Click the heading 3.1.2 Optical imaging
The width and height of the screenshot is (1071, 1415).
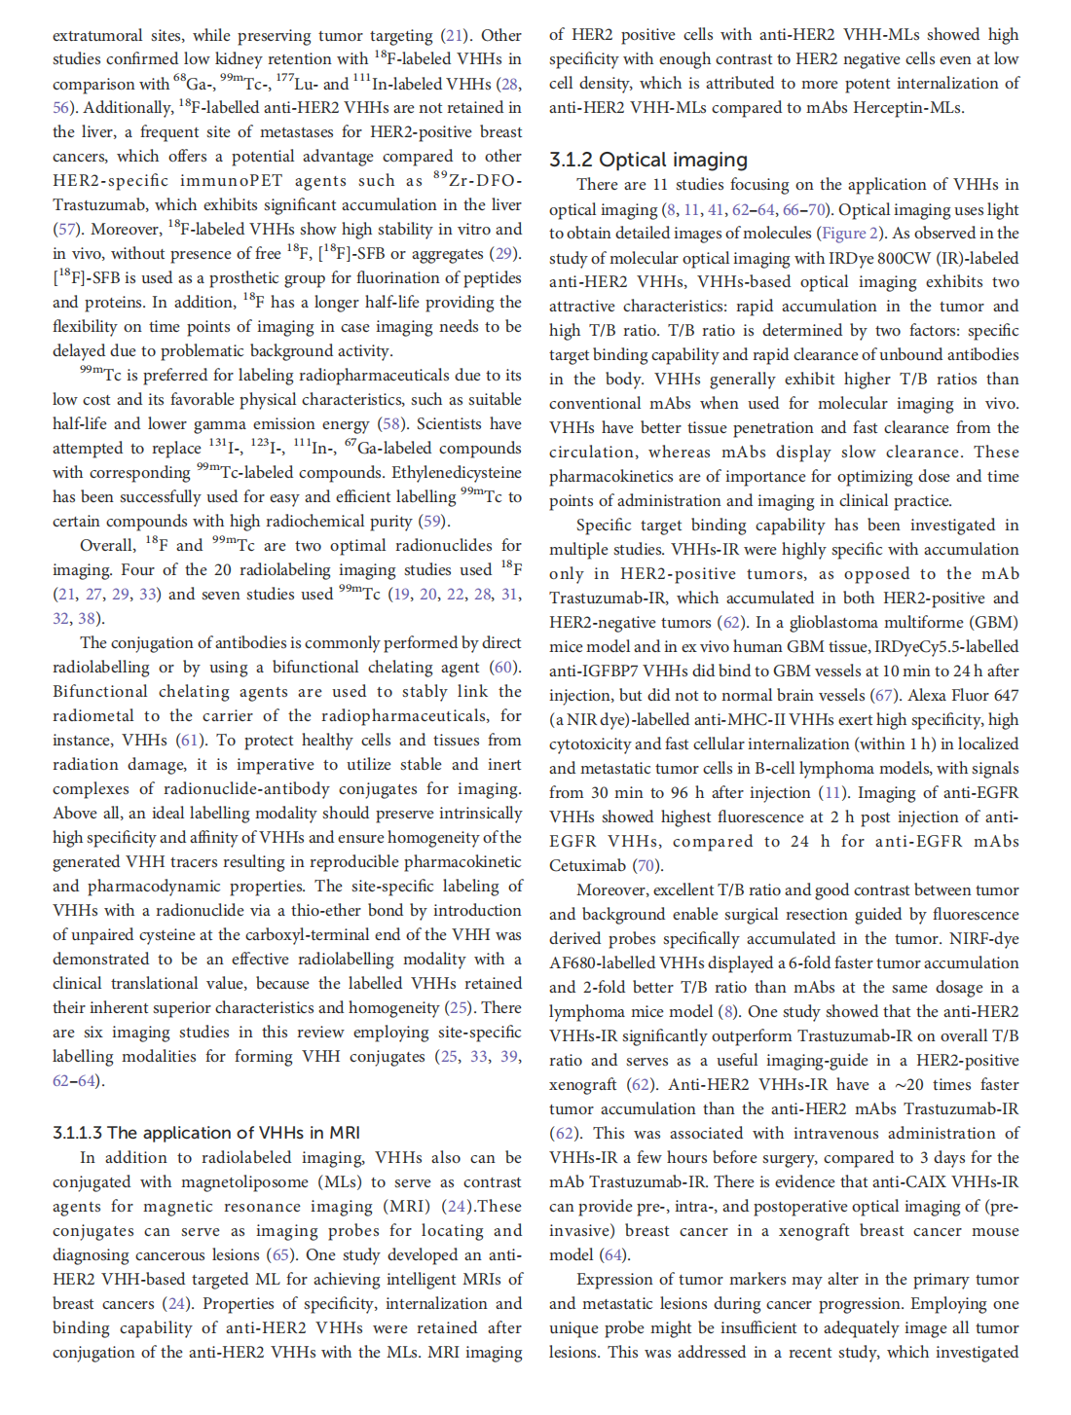pos(648,160)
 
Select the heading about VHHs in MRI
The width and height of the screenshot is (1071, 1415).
pos(206,1133)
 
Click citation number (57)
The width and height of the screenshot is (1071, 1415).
pos(66,230)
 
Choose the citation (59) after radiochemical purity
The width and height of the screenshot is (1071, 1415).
pos(431,522)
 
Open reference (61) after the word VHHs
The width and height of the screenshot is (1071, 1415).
pos(190,741)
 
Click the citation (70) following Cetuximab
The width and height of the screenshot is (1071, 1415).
pos(646,866)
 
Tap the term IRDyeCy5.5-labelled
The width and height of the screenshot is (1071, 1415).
pos(950,647)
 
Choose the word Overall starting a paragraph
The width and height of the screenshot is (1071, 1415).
pos(107,546)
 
